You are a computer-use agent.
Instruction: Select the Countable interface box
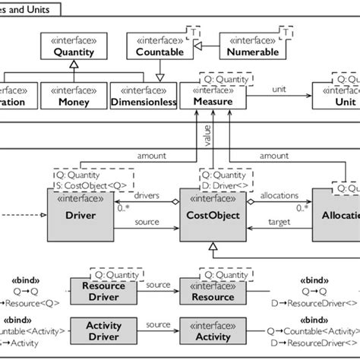(159, 47)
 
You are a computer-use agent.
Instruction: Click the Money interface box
(74, 96)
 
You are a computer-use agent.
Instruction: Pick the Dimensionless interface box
(144, 96)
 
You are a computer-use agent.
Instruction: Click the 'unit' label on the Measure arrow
(280, 89)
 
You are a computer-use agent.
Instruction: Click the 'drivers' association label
(147, 196)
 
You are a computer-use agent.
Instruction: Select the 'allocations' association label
(280, 196)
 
